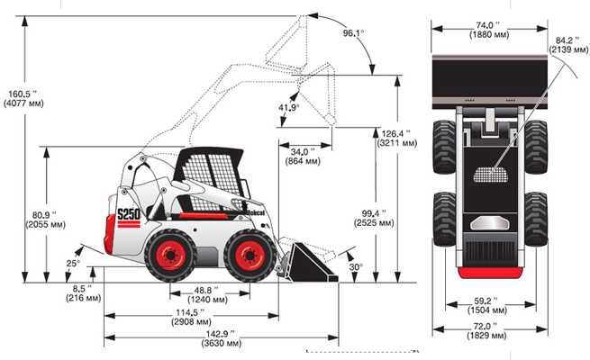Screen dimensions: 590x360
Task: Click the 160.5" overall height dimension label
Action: [x=23, y=98]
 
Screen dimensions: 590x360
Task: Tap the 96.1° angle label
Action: [x=353, y=33]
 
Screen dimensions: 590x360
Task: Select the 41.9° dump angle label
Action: [x=289, y=107]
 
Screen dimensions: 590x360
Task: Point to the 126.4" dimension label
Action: [x=397, y=139]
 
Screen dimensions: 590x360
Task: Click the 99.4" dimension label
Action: [x=374, y=218]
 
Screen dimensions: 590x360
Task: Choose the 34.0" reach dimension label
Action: [x=303, y=157]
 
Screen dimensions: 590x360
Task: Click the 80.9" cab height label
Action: [x=45, y=220]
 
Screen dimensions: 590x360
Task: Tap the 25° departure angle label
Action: [x=73, y=264]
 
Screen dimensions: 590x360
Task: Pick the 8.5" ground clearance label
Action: [x=83, y=293]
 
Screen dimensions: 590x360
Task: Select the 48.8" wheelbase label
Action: [x=207, y=295]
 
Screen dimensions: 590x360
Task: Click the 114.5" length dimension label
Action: [x=191, y=317]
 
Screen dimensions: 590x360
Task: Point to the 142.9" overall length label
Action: [x=221, y=338]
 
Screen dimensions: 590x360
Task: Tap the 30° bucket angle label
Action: [x=356, y=266]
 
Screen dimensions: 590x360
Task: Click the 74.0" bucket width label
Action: [x=489, y=30]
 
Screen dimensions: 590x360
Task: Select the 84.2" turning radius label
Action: [x=568, y=45]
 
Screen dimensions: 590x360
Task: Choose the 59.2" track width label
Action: [x=487, y=305]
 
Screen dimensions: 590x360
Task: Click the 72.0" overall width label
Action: [x=486, y=330]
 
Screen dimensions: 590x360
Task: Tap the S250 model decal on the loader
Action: [x=129, y=214]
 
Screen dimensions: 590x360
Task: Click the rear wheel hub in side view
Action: [x=171, y=256]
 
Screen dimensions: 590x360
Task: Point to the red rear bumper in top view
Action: [x=490, y=273]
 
